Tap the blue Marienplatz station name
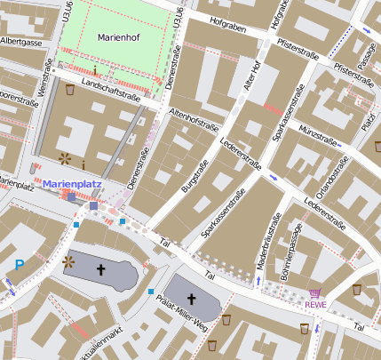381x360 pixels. pyautogui.click(x=73, y=184)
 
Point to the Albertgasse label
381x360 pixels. pyautogui.click(x=21, y=42)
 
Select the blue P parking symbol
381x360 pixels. pyautogui.click(x=20, y=265)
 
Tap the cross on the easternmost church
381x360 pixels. pyautogui.click(x=192, y=300)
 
